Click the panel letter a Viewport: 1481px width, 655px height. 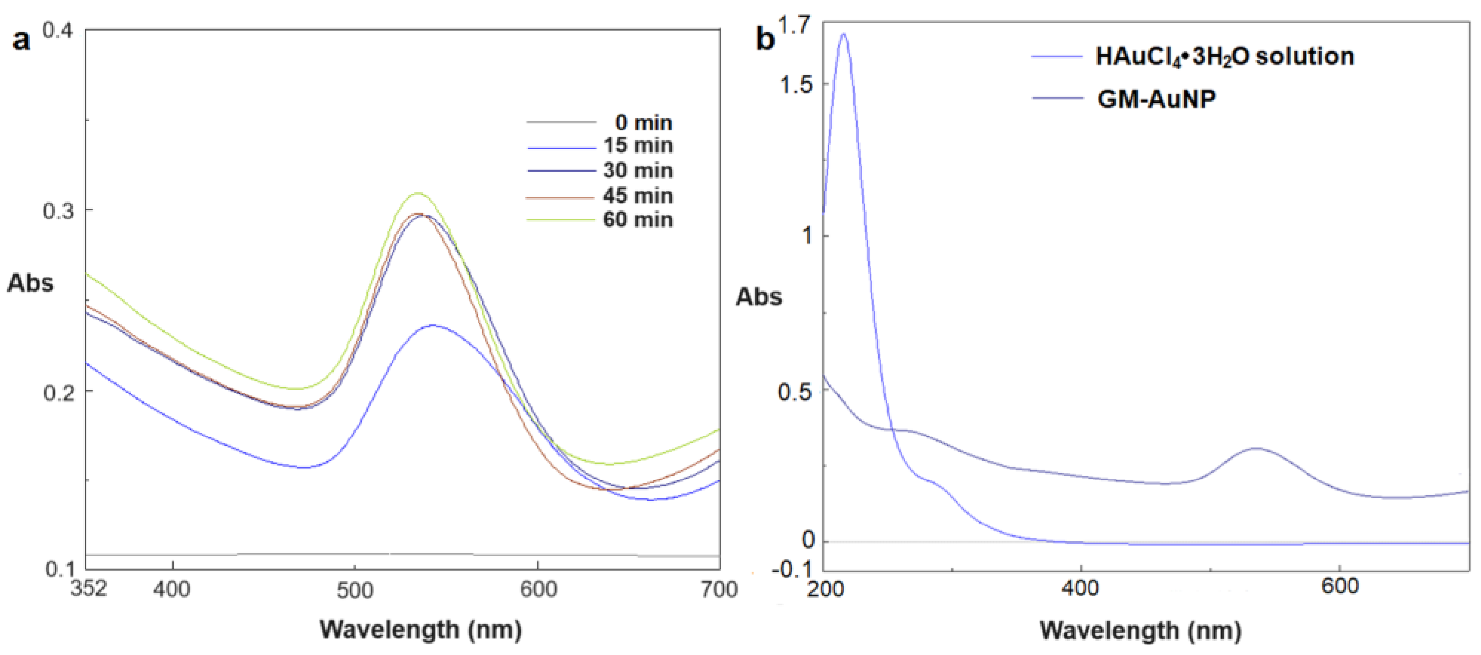[x=21, y=40]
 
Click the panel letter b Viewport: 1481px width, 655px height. [x=765, y=39]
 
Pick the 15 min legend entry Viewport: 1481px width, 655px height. [x=638, y=145]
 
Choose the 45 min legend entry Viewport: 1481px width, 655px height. [x=638, y=196]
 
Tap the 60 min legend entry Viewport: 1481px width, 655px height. [x=638, y=219]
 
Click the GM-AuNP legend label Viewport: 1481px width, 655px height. [x=1156, y=99]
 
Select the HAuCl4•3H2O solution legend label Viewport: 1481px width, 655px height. [x=1224, y=56]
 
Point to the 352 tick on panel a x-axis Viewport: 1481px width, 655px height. [x=88, y=588]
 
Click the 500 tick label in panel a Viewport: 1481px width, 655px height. [x=355, y=590]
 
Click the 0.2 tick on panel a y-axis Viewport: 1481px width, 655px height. [x=59, y=393]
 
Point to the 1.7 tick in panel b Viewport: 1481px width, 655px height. [x=794, y=26]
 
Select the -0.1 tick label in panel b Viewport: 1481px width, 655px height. [x=792, y=569]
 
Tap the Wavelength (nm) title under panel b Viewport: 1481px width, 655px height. [x=1140, y=630]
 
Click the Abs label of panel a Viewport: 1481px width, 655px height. [x=30, y=283]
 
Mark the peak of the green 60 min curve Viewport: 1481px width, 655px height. [x=418, y=193]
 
